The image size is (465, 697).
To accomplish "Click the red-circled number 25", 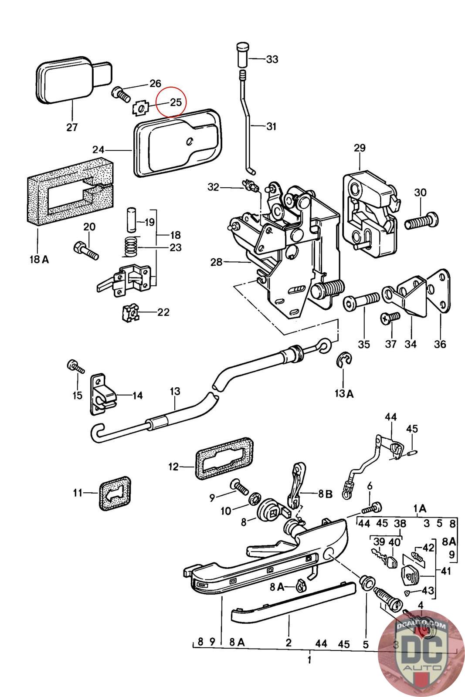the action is click(x=176, y=102).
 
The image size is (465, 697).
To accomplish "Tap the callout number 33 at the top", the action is click(x=272, y=59).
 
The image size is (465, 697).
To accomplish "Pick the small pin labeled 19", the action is click(x=131, y=220).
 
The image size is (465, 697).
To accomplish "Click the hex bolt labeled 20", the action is click(x=86, y=250).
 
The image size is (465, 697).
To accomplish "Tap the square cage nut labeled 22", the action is click(x=130, y=313).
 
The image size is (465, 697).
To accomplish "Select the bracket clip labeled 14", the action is click(x=102, y=394).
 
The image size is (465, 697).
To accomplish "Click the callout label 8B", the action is click(x=325, y=494).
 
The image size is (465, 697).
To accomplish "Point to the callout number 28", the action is click(x=216, y=262).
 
